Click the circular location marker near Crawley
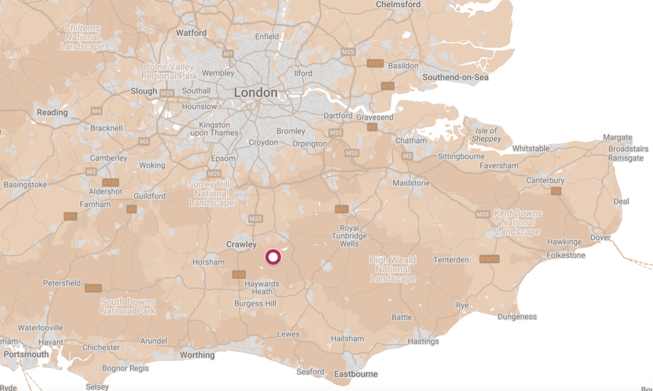click(x=273, y=257)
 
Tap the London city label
click(x=256, y=93)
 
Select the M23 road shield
click(x=255, y=219)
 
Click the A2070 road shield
click(x=489, y=259)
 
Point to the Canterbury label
click(x=545, y=180)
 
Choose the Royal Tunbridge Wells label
click(x=349, y=236)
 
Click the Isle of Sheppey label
click(x=486, y=135)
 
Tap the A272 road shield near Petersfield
click(x=93, y=288)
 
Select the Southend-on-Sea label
click(x=455, y=77)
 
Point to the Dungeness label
click(x=517, y=317)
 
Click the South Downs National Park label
click(x=128, y=306)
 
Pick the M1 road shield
click(x=228, y=54)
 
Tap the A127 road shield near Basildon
click(x=375, y=63)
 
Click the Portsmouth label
click(x=26, y=354)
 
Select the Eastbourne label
click(x=356, y=374)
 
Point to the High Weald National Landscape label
click(x=393, y=269)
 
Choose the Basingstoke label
click(x=25, y=185)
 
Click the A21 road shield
click(x=341, y=209)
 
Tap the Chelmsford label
click(x=398, y=4)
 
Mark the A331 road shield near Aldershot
click(x=110, y=183)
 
